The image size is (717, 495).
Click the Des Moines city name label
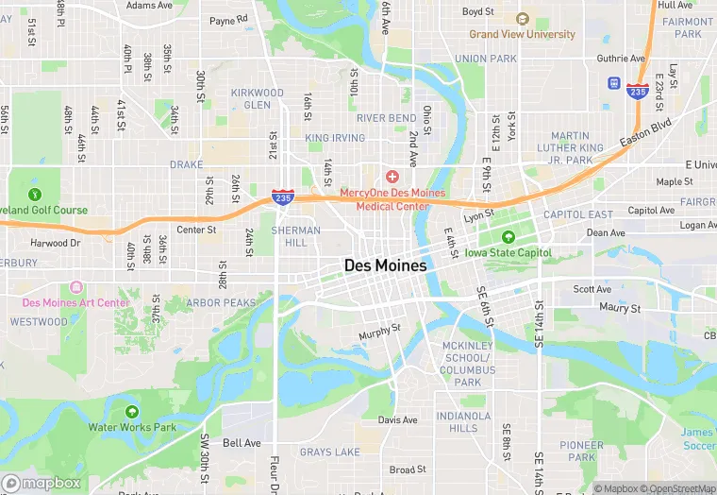(x=385, y=266)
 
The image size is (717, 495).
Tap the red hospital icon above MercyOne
(x=392, y=177)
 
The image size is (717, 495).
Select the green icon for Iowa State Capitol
(x=509, y=237)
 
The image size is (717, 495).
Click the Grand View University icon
(x=523, y=19)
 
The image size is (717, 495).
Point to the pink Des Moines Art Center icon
(x=75, y=287)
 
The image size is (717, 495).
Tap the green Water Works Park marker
(x=131, y=412)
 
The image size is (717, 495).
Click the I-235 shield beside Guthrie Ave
(x=637, y=92)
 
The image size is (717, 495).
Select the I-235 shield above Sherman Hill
(x=281, y=196)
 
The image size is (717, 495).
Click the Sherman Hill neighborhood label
(x=290, y=236)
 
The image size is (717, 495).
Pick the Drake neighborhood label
(x=186, y=164)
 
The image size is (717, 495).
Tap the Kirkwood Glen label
(x=257, y=99)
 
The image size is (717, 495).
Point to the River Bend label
(x=386, y=118)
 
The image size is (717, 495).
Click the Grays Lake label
(x=329, y=452)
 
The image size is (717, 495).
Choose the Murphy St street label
(x=379, y=333)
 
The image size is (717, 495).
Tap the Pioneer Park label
(x=581, y=452)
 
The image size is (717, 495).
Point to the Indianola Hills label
(x=462, y=422)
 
